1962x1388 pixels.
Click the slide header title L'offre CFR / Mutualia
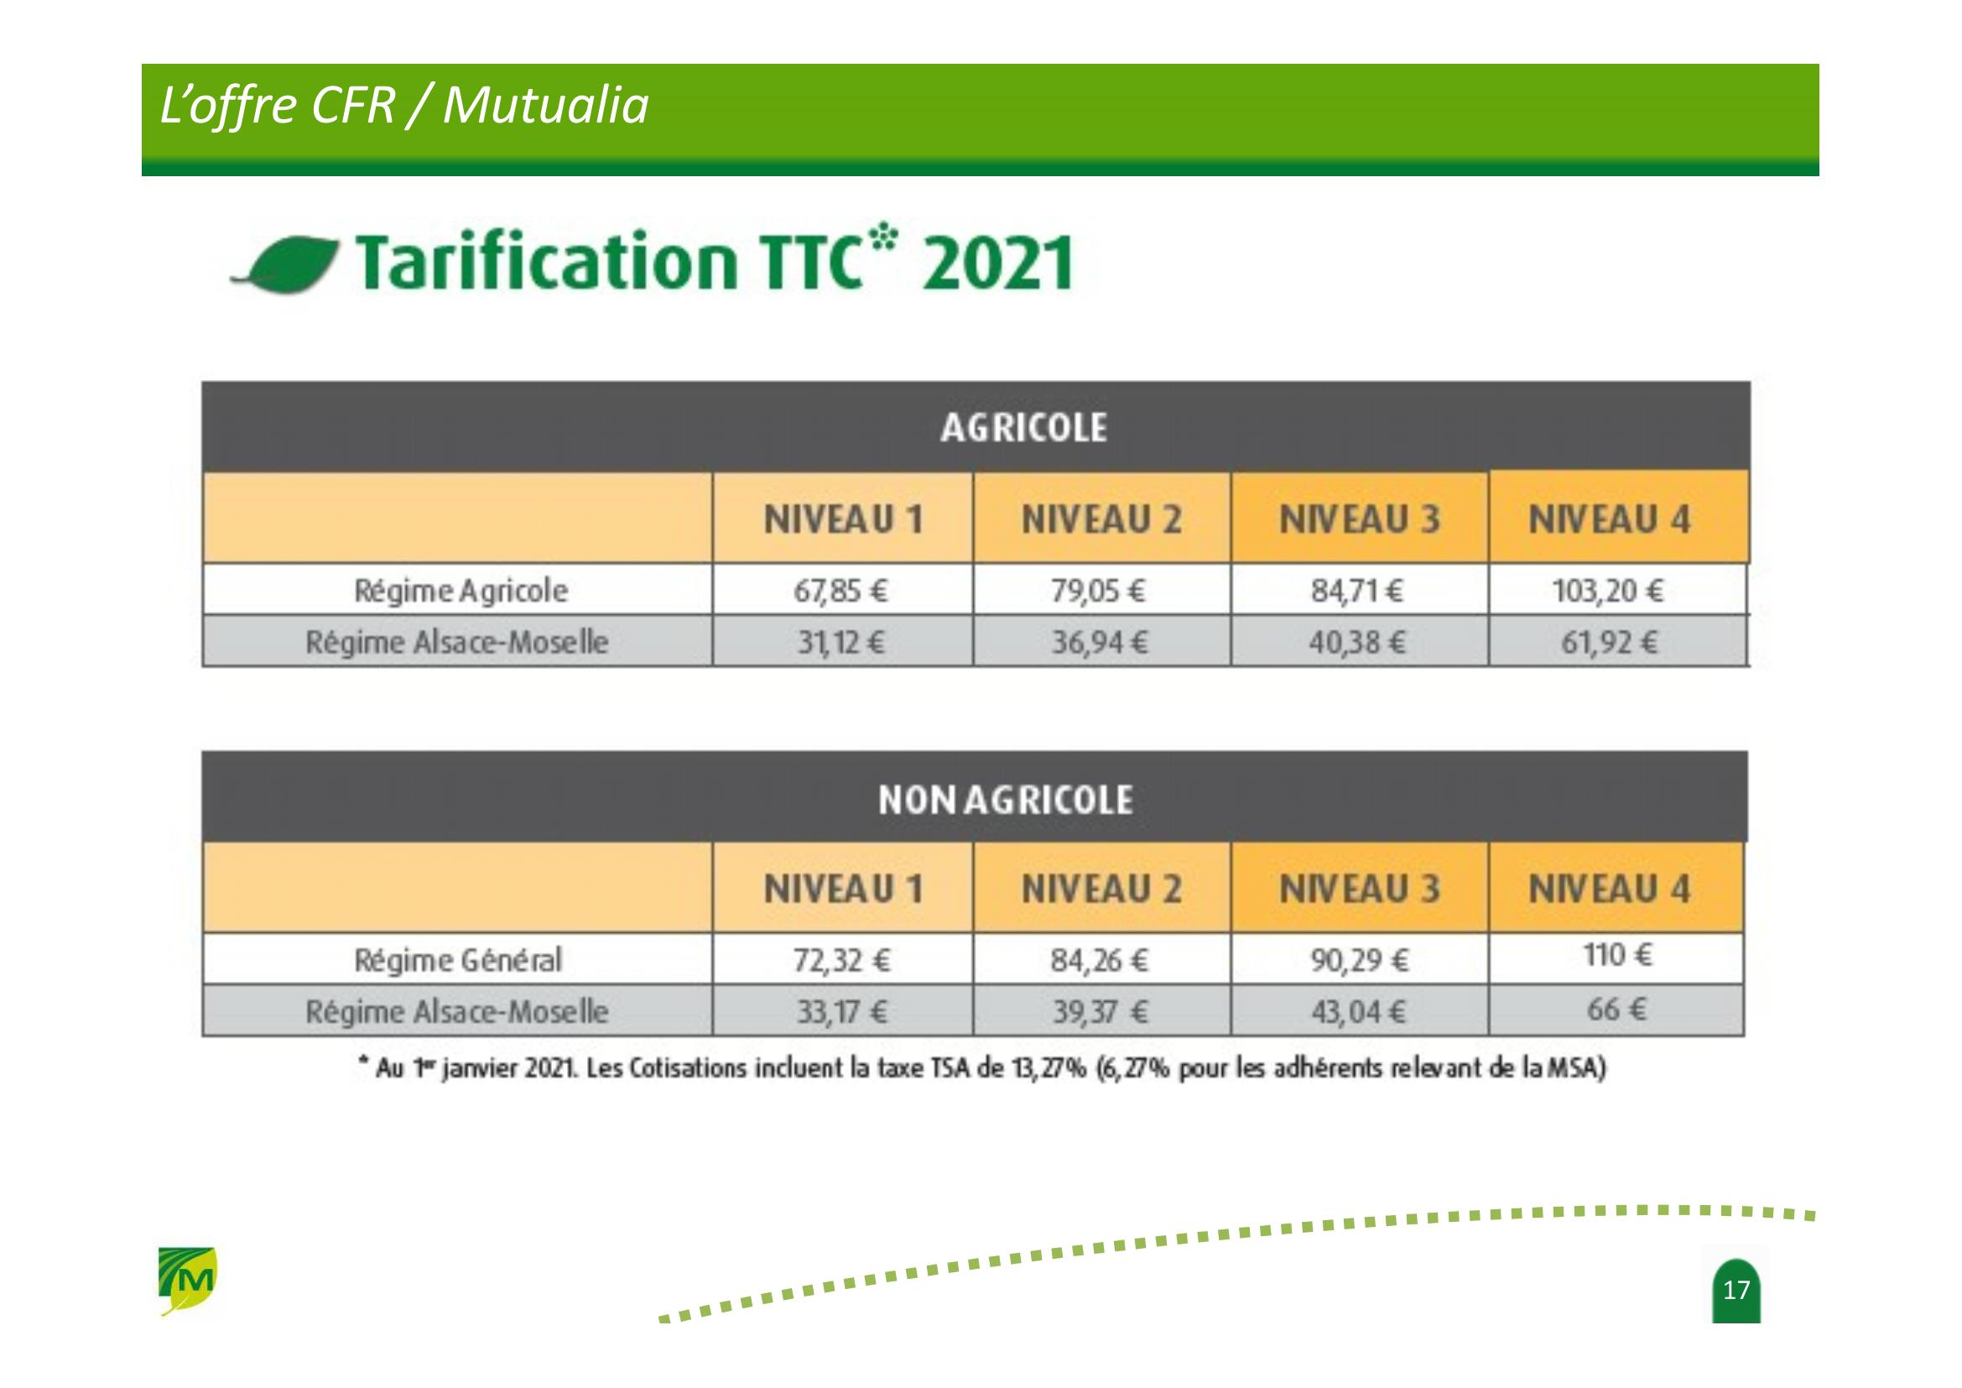(x=404, y=107)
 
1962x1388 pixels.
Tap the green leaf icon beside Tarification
(x=285, y=266)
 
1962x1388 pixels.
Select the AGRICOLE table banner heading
(x=1023, y=427)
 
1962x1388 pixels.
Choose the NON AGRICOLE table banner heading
(x=1005, y=800)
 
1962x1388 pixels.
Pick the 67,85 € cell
(x=840, y=591)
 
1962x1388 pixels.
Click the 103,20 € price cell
(x=1607, y=591)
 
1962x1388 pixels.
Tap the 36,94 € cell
(x=1099, y=642)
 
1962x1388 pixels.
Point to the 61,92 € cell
(x=1609, y=642)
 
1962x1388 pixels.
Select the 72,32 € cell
(x=841, y=961)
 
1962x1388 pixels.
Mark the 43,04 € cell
(x=1359, y=1012)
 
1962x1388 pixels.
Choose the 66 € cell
(x=1616, y=1010)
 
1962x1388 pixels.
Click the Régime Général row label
(x=458, y=961)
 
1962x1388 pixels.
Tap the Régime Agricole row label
(x=461, y=591)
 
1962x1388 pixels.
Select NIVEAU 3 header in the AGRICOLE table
(x=1359, y=519)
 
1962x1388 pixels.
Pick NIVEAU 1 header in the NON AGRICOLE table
(x=843, y=889)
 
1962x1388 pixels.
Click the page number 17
(x=1736, y=1290)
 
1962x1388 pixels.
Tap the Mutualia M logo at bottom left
(x=188, y=1281)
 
